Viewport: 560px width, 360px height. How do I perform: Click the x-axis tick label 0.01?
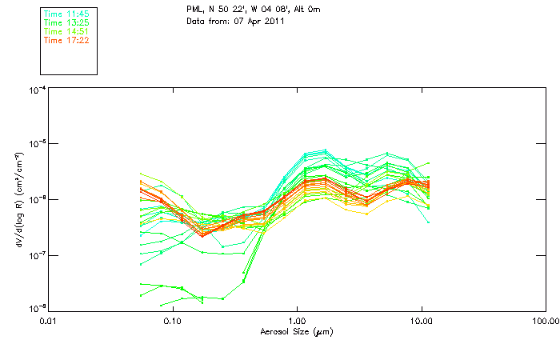[x=48, y=322]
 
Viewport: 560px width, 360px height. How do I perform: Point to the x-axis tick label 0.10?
[x=172, y=322]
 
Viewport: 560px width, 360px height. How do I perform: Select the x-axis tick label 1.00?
[x=297, y=322]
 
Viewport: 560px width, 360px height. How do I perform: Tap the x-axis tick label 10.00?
[x=421, y=322]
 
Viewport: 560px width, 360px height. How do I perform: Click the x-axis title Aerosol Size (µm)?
[x=296, y=331]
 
